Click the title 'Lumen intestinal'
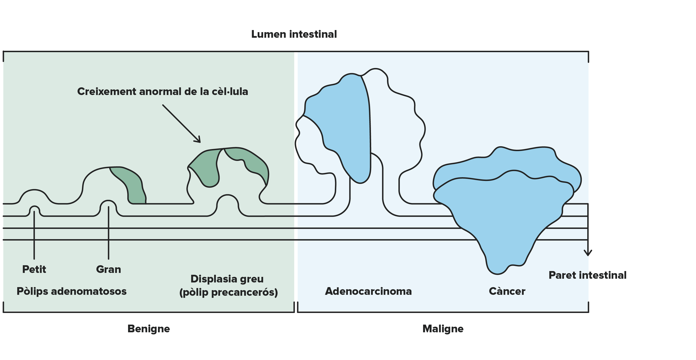(x=294, y=34)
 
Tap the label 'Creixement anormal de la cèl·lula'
(x=163, y=91)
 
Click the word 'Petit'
(x=34, y=269)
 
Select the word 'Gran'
(x=108, y=269)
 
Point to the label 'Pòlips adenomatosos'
(x=71, y=291)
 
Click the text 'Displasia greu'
(x=227, y=279)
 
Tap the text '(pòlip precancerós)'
(x=229, y=292)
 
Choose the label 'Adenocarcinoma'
(x=368, y=291)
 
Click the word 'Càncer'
(x=507, y=291)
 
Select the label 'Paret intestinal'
(x=587, y=275)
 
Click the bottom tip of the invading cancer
(x=497, y=274)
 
